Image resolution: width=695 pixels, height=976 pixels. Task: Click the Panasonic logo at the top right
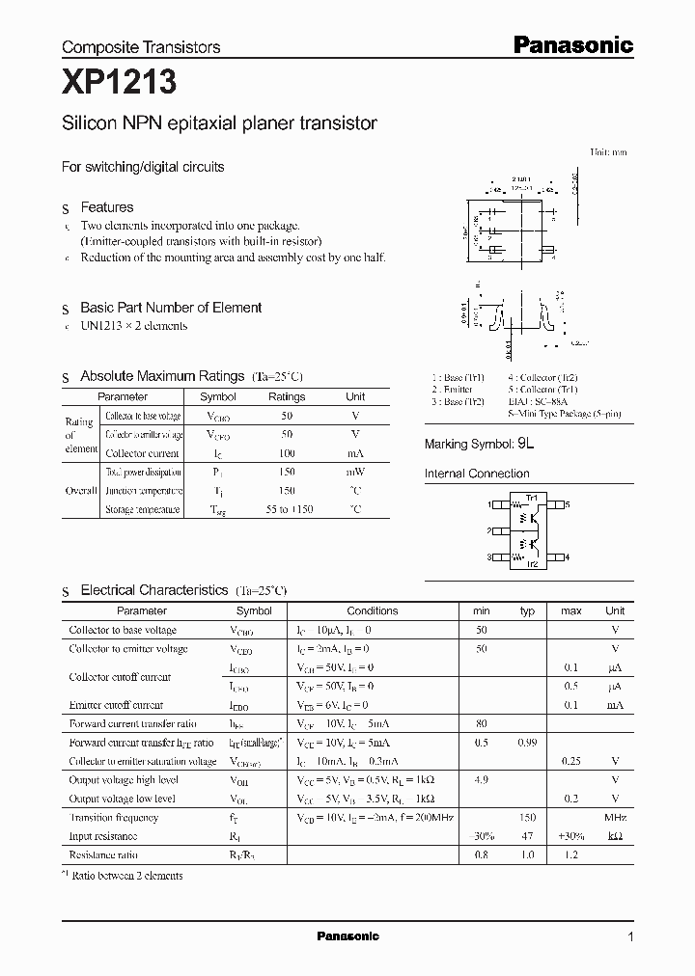tap(571, 44)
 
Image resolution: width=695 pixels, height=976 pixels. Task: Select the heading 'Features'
tap(106, 207)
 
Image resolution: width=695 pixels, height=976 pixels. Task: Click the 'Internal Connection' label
tap(477, 474)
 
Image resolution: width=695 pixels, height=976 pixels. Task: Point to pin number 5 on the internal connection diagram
tap(568, 504)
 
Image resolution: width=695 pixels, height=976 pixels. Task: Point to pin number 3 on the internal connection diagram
tap(490, 557)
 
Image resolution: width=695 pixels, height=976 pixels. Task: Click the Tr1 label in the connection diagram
tap(530, 498)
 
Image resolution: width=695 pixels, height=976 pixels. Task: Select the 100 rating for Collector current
tap(287, 452)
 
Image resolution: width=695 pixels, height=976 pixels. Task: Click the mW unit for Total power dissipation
tap(355, 472)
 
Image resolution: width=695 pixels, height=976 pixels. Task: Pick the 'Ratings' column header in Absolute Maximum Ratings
tap(287, 396)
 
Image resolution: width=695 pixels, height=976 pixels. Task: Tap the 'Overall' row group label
tap(81, 490)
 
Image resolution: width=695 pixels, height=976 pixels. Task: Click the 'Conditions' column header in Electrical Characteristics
tap(372, 610)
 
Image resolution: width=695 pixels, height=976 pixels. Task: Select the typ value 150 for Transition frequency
tap(527, 817)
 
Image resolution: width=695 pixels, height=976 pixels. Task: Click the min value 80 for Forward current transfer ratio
tap(481, 723)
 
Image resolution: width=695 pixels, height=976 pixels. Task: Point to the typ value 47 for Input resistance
tap(527, 836)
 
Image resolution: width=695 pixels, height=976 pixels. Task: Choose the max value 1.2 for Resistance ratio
tap(570, 854)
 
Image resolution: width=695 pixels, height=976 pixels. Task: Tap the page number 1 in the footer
tap(630, 936)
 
